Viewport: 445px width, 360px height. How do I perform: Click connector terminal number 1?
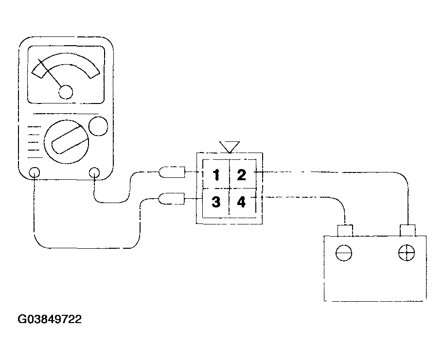pos(216,174)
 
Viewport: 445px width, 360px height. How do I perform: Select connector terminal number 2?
pos(242,174)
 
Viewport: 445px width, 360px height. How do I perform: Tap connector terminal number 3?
pos(216,202)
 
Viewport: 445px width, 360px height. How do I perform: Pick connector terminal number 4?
pos(241,202)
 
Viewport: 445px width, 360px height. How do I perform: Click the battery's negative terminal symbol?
pos(344,253)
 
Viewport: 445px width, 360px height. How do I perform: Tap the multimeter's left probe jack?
pos(35,172)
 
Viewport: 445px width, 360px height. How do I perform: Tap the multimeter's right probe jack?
pos(94,172)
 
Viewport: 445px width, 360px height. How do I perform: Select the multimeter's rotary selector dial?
pos(67,142)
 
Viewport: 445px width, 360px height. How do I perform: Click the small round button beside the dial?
pos(98,126)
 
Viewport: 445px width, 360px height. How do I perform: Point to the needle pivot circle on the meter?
pos(66,92)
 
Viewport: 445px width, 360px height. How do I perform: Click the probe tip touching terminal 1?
pos(172,172)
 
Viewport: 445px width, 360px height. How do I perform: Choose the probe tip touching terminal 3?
pos(172,199)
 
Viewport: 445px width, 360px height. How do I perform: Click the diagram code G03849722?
pos(50,319)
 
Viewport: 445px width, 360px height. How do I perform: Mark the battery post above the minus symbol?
pos(345,230)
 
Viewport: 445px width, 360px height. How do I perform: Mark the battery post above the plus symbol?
pos(408,230)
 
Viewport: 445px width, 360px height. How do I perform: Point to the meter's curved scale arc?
pos(66,58)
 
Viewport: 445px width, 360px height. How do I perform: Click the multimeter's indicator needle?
pos(50,72)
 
